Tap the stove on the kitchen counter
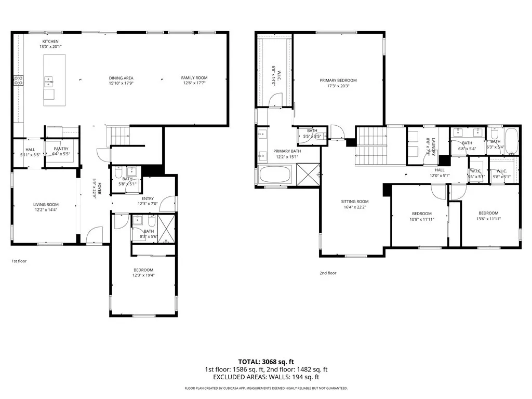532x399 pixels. click(x=18, y=80)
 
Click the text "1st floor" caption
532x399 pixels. click(x=19, y=261)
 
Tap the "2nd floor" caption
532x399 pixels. click(x=328, y=273)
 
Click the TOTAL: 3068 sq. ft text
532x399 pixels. click(x=266, y=361)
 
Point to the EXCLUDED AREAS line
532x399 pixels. click(x=266, y=378)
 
